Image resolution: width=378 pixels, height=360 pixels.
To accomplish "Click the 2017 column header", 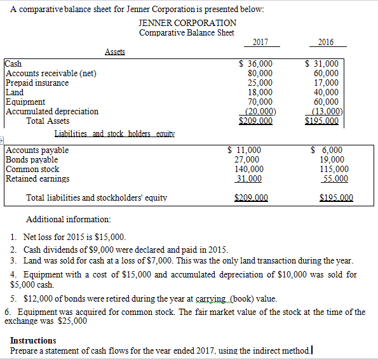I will [x=260, y=42].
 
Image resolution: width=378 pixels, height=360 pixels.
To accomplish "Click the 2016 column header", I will [x=325, y=42].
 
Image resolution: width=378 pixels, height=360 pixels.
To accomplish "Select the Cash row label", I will [x=13, y=63].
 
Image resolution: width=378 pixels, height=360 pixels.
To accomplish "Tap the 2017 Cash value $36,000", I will [x=256, y=63].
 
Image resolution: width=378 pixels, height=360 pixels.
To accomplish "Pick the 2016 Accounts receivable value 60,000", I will [x=327, y=73].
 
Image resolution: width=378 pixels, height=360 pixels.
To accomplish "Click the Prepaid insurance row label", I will [x=37, y=83].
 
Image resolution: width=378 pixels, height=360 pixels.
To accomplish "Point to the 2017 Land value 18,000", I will [x=260, y=92].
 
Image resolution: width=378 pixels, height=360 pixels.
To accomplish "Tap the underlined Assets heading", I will [x=115, y=52].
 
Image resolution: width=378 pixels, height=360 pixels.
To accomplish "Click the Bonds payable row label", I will [x=32, y=160].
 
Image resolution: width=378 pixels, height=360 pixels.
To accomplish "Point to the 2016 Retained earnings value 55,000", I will [x=335, y=179].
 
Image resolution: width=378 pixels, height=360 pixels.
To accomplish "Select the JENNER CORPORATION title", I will [x=187, y=23].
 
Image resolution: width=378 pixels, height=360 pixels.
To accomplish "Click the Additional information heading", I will [x=69, y=220].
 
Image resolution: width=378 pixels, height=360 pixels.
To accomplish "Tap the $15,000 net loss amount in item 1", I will [x=102, y=237].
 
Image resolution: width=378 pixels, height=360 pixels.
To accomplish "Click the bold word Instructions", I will [x=33, y=341].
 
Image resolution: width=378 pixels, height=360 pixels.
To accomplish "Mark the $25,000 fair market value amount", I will [x=73, y=321].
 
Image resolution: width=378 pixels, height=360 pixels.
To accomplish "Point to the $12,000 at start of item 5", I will [x=36, y=298].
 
